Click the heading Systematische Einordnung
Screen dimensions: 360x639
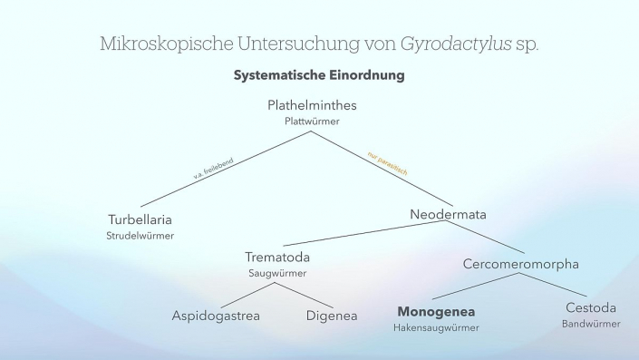[x=319, y=75]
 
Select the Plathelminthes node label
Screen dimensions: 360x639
[x=313, y=105]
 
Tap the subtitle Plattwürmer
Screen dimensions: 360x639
[x=313, y=120]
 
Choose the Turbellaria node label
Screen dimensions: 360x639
[x=140, y=219]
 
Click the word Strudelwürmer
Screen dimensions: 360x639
[x=140, y=236]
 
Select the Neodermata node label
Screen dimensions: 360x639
[x=448, y=215]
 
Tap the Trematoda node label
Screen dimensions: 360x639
[x=278, y=257]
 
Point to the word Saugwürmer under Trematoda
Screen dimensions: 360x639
[x=278, y=272]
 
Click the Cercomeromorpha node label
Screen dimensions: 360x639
[x=520, y=264]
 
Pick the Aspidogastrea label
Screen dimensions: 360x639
[x=216, y=316]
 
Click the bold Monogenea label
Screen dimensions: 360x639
[x=436, y=311]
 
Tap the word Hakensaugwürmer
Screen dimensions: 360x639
[x=436, y=327]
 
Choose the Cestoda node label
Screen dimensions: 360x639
[x=591, y=307]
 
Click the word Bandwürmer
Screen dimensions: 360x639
[x=591, y=324]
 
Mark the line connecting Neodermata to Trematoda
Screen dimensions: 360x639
[x=363, y=234]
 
